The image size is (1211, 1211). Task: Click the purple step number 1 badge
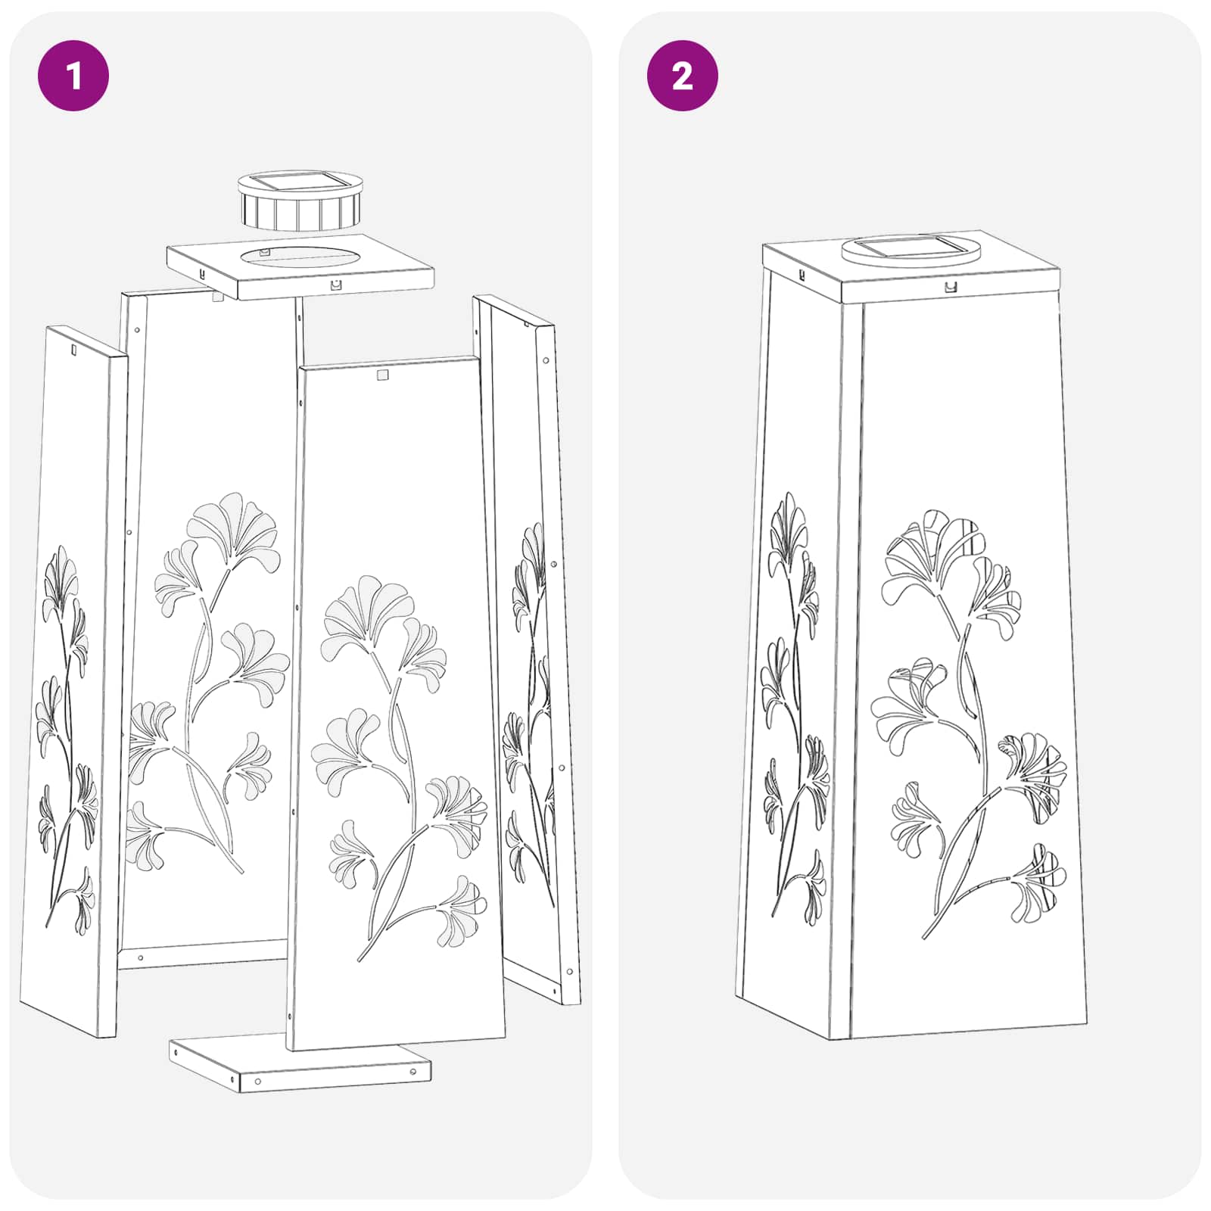point(73,76)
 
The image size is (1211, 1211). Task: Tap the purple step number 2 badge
point(683,76)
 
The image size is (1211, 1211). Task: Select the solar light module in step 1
point(300,201)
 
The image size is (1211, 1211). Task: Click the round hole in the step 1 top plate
point(301,257)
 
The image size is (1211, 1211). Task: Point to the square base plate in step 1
point(300,1063)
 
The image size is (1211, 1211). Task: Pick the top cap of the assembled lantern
point(911,265)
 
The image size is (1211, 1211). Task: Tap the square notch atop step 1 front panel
point(382,375)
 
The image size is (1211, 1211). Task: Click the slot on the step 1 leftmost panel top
point(73,350)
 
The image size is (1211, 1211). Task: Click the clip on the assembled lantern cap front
point(951,287)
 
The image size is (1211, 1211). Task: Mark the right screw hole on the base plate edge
point(413,1072)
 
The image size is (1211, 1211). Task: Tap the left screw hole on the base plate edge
point(258,1081)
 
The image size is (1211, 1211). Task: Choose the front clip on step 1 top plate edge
point(336,285)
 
